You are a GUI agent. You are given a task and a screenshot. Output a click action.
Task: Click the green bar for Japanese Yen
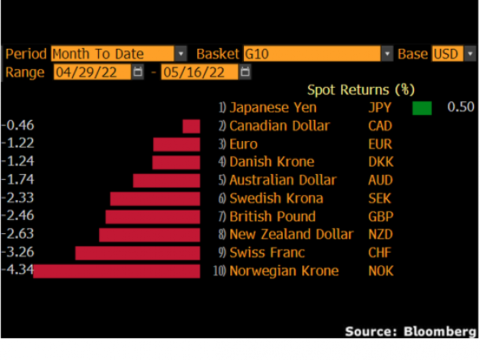click(422, 107)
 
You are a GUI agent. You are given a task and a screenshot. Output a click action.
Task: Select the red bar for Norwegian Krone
click(117, 271)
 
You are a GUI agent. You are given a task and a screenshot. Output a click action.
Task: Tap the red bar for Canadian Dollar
click(191, 126)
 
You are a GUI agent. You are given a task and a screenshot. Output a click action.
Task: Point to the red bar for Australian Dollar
click(166, 180)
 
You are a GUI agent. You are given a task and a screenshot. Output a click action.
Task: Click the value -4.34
click(18, 270)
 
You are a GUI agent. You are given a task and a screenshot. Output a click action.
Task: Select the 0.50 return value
click(460, 107)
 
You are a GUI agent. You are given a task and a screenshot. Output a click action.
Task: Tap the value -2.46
click(18, 216)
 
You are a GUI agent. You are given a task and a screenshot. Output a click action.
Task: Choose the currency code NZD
click(381, 234)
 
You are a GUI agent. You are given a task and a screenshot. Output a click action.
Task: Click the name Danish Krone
click(271, 162)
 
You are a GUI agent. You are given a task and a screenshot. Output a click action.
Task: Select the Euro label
click(243, 144)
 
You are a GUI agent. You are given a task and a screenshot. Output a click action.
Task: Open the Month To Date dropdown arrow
click(181, 54)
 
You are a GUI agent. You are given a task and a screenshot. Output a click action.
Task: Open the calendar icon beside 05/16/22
click(246, 73)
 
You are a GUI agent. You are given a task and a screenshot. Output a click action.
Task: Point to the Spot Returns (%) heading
click(361, 91)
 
